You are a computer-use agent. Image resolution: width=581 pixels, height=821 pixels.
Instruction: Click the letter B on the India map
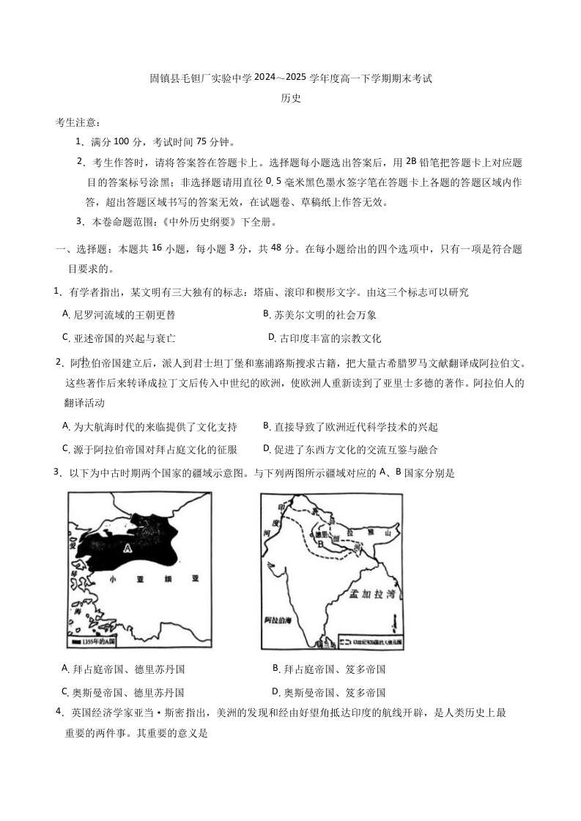[320, 544]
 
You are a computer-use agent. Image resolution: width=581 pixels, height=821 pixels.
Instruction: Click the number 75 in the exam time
[204, 141]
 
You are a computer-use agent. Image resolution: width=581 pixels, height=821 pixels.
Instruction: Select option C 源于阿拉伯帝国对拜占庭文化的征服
[149, 449]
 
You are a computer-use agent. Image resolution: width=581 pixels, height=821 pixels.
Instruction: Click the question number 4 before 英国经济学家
[59, 711]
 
